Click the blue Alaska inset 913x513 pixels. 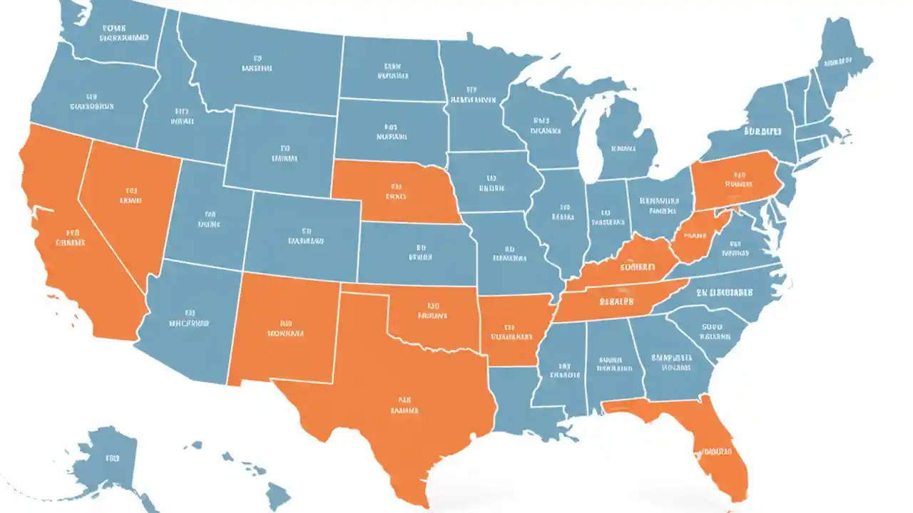[107, 456]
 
